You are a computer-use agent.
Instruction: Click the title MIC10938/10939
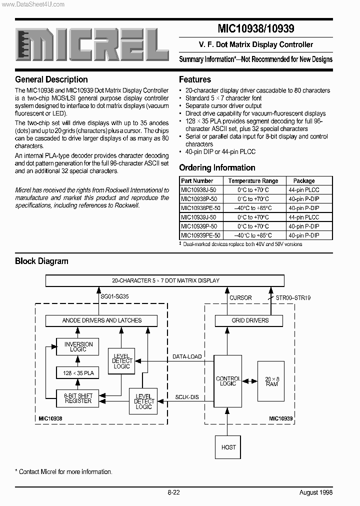pos(255,29)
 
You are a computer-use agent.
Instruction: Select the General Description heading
pos(51,79)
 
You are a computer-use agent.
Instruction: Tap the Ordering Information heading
pos(217,167)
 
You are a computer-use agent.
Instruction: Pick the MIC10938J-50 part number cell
pos(198,190)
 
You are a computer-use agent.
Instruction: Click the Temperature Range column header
pos(253,181)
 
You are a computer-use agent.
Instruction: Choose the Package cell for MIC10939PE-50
pos(303,235)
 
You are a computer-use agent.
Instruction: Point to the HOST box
pos(228,446)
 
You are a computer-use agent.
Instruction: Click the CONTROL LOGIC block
pos(228,381)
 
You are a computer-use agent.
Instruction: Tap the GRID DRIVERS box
pos(250,320)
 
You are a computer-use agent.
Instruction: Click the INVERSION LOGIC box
pos(78,346)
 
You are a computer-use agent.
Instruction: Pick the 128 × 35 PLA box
pos(78,373)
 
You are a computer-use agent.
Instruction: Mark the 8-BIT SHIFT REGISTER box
pos(78,398)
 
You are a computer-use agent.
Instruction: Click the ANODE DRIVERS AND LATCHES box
pos(101,320)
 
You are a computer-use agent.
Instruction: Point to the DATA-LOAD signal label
pos(187,356)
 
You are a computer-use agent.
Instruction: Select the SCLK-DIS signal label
pos(186,397)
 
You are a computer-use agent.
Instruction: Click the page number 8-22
pos(173,492)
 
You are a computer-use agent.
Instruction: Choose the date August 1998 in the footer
pos(315,492)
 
